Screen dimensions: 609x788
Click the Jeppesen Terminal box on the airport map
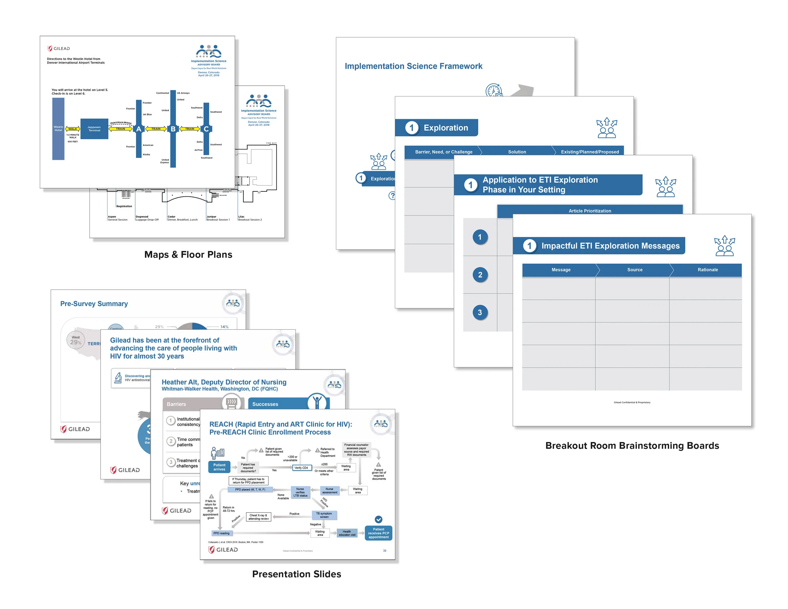(94, 129)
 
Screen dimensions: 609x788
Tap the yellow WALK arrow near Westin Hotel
(72, 129)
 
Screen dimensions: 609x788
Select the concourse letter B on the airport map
(173, 129)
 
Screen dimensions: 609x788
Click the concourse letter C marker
(206, 129)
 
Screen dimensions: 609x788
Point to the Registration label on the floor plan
(124, 206)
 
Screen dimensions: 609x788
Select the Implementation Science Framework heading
(413, 66)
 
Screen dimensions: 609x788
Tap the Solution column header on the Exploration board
(517, 152)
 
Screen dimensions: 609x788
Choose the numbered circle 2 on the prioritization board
(480, 275)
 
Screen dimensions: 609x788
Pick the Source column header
(635, 270)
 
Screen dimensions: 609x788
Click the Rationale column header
(708, 270)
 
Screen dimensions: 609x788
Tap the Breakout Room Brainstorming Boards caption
(632, 446)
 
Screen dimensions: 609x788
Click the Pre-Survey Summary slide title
(94, 304)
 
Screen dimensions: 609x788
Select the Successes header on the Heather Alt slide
(265, 404)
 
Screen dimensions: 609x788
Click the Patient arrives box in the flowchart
(219, 467)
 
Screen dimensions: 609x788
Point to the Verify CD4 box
(301, 468)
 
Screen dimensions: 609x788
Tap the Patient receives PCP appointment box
(379, 533)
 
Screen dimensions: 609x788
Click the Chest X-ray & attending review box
(258, 517)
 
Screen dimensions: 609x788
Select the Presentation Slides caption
(297, 574)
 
